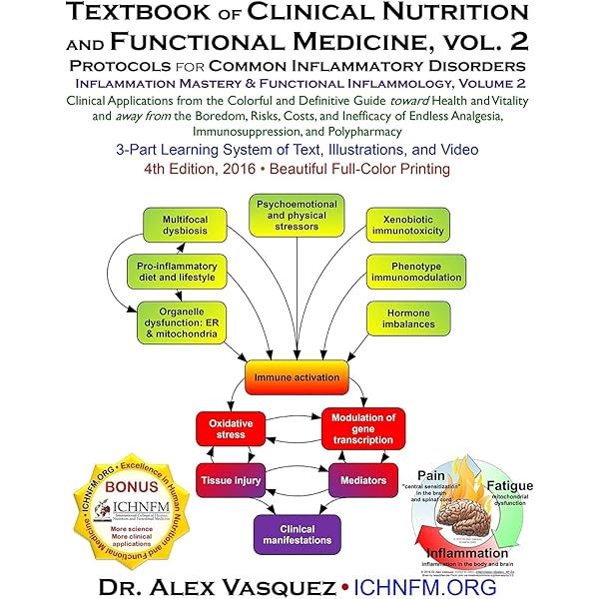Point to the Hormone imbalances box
[x=411, y=318]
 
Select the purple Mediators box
[x=362, y=480]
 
